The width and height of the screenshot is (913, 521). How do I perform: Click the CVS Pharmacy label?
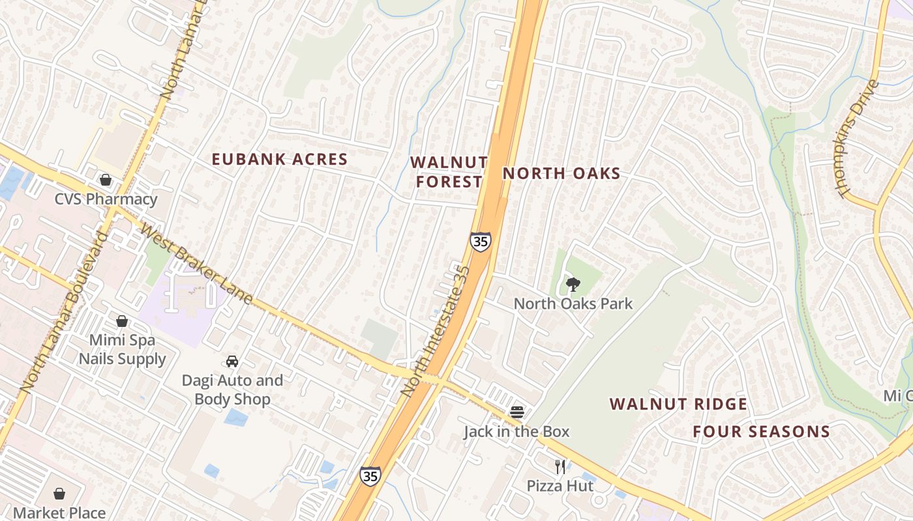pyautogui.click(x=106, y=199)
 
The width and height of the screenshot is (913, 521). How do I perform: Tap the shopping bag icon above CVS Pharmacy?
pyautogui.click(x=106, y=180)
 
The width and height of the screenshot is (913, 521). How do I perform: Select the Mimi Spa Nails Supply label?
pyautogui.click(x=123, y=349)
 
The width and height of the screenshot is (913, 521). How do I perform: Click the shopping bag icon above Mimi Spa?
pyautogui.click(x=122, y=321)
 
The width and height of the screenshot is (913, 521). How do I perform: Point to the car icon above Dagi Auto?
pyautogui.click(x=232, y=361)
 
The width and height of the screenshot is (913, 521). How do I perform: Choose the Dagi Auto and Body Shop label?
pyautogui.click(x=232, y=389)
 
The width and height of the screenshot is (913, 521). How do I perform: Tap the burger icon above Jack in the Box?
pyautogui.click(x=517, y=412)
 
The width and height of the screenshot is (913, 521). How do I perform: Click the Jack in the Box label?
pyautogui.click(x=516, y=431)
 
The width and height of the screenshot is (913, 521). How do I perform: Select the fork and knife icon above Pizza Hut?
pyautogui.click(x=560, y=466)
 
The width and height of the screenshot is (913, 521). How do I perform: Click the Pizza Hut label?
pyautogui.click(x=560, y=486)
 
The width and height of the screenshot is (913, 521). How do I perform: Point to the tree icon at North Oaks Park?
pyautogui.click(x=573, y=284)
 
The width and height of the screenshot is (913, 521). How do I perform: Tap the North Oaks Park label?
pyautogui.click(x=573, y=303)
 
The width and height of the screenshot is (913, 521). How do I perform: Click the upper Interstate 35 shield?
pyautogui.click(x=481, y=242)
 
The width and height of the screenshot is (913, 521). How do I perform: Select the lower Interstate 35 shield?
pyautogui.click(x=370, y=475)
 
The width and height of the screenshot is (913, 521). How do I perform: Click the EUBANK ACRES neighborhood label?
pyautogui.click(x=280, y=160)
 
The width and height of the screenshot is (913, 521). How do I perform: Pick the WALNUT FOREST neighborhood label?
pyautogui.click(x=449, y=171)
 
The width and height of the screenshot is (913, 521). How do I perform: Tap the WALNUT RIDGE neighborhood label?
pyautogui.click(x=679, y=404)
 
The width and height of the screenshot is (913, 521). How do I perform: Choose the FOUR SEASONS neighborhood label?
pyautogui.click(x=761, y=431)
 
